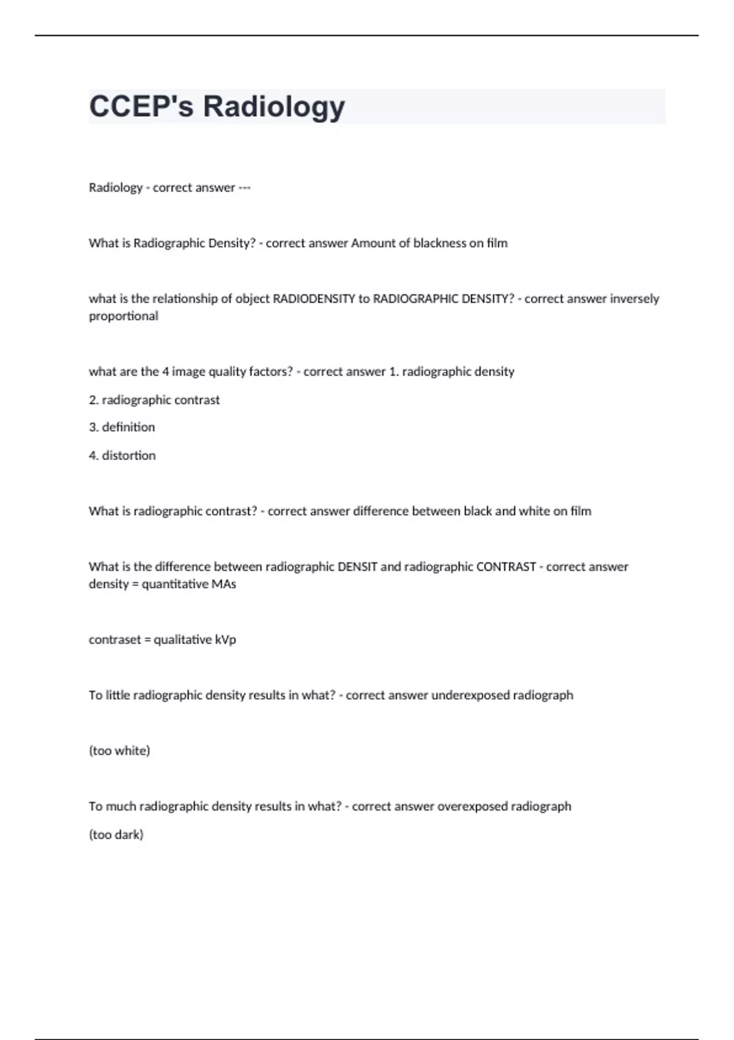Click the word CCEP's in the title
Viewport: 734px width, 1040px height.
coord(141,106)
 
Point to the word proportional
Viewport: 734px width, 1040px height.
coord(124,316)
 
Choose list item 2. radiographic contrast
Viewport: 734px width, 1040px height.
coord(154,400)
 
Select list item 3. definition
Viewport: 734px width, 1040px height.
coord(122,427)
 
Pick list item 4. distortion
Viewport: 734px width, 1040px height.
coord(122,455)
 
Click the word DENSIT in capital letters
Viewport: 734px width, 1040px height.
coord(358,566)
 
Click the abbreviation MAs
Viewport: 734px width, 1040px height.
coord(224,584)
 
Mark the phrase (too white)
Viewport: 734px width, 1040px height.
coord(119,751)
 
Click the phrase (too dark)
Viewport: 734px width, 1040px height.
coord(116,834)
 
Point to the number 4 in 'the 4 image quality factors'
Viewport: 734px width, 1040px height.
coord(165,371)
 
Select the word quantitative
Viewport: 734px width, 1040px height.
coord(175,584)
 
